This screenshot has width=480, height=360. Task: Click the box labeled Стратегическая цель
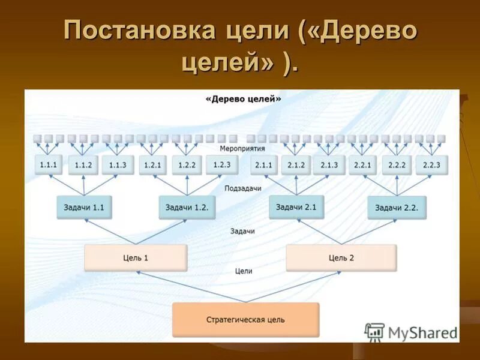pyautogui.click(x=245, y=319)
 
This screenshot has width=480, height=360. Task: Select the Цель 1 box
pyautogui.click(x=136, y=257)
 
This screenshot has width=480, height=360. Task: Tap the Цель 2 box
pyautogui.click(x=341, y=257)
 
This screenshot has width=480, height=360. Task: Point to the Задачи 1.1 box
pyautogui.click(x=84, y=208)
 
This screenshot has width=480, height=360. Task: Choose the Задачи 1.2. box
pyautogui.click(x=187, y=208)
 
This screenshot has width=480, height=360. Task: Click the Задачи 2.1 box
pyautogui.click(x=296, y=207)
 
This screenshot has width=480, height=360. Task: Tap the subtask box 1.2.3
pyautogui.click(x=221, y=164)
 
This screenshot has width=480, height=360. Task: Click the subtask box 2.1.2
pyautogui.click(x=296, y=165)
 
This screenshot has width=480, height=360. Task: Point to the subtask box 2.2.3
pyautogui.click(x=431, y=165)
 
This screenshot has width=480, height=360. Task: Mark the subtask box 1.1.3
pyautogui.click(x=117, y=165)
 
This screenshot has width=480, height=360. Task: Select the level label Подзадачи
pyautogui.click(x=243, y=188)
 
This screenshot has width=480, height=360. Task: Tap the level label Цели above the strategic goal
pyautogui.click(x=244, y=271)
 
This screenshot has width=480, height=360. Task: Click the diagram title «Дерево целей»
pyautogui.click(x=243, y=100)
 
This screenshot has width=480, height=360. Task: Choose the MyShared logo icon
pyautogui.click(x=374, y=332)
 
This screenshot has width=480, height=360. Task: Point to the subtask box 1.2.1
pyautogui.click(x=152, y=165)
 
